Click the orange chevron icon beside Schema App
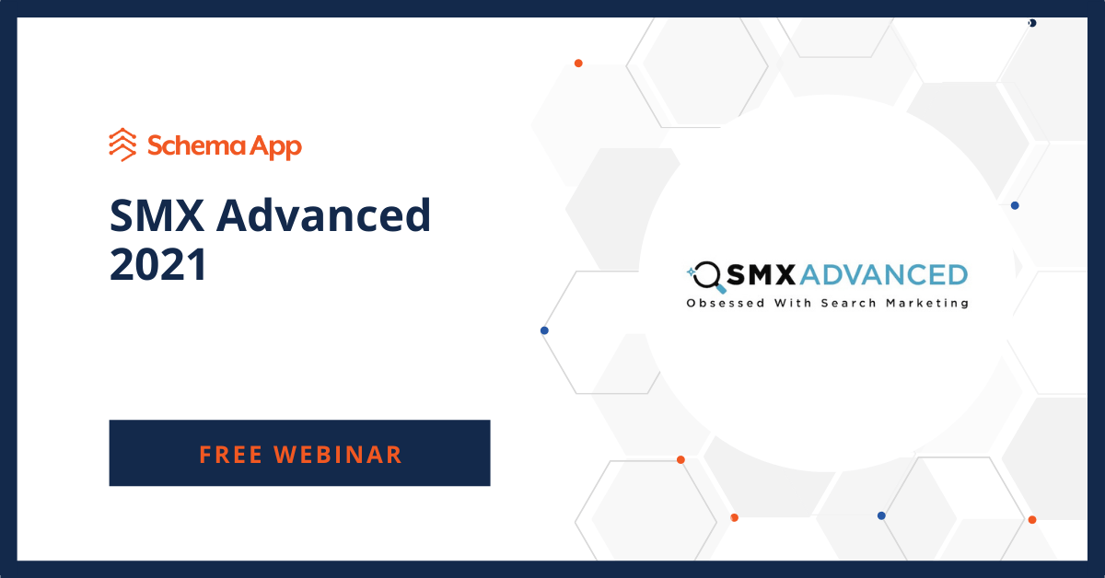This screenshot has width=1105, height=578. tap(122, 144)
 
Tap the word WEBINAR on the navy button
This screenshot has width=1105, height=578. tap(343, 454)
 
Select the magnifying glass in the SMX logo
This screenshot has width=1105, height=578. tap(708, 275)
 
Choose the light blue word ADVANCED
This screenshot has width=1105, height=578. tap(885, 274)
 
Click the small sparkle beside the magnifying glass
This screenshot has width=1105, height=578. tap(691, 272)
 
